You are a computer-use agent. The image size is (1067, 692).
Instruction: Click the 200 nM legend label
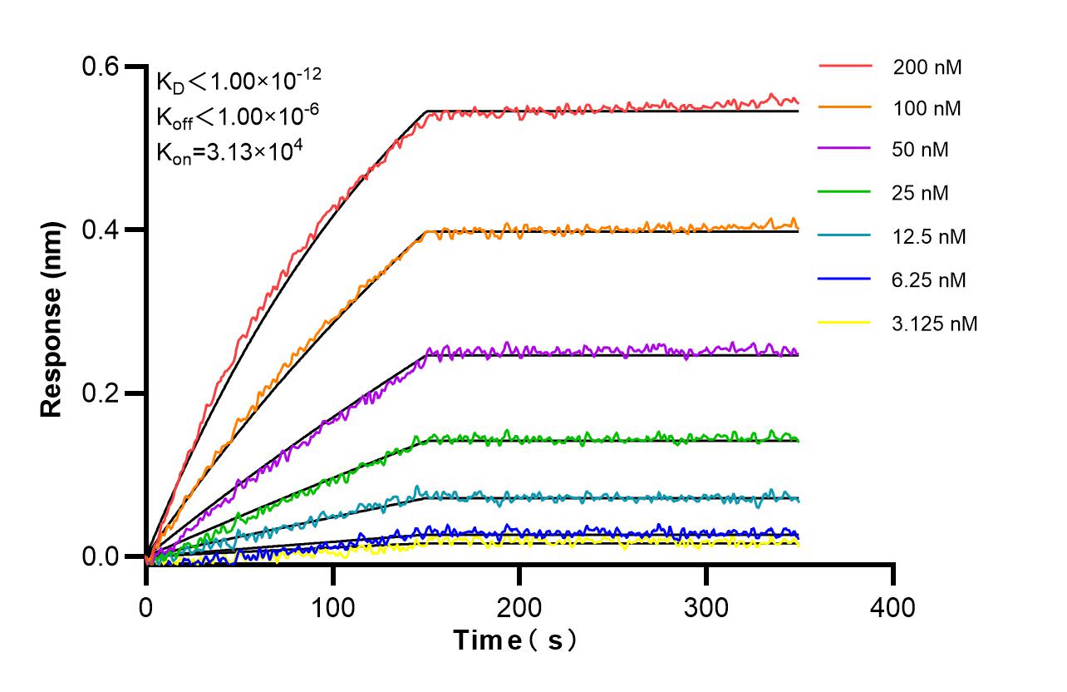coord(927,67)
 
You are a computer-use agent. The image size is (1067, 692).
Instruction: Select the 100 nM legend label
coord(927,108)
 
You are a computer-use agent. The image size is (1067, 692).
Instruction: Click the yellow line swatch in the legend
coord(845,322)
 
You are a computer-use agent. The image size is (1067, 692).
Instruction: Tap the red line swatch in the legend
coord(845,65)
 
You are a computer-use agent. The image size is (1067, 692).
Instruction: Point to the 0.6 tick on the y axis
coord(101,67)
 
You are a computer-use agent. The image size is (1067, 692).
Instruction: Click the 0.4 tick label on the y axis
coord(101,230)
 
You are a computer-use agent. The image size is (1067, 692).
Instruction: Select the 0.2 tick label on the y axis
coord(101,393)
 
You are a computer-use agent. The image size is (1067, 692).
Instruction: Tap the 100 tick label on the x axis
coord(332,607)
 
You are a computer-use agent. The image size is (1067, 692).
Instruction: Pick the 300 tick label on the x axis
coord(706,607)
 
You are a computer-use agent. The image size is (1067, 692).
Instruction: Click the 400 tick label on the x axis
coord(892,607)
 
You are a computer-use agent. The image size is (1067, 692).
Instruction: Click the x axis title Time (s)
coord(515,640)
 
